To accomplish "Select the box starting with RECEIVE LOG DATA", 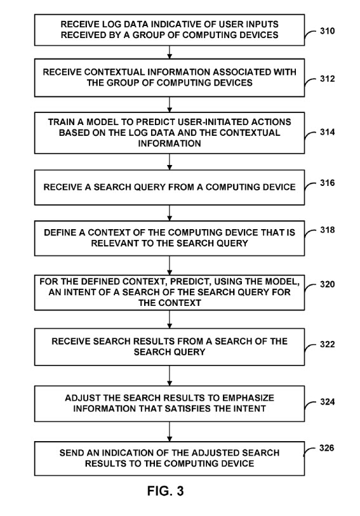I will pyautogui.click(x=170, y=29).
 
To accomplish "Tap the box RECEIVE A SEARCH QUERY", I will pyautogui.click(x=170, y=187).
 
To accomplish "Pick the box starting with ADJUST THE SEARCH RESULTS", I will pyautogui.click(x=170, y=403).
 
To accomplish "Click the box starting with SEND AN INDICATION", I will pyautogui.click(x=170, y=458).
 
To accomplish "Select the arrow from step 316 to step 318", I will pyautogui.click(x=170, y=213).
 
